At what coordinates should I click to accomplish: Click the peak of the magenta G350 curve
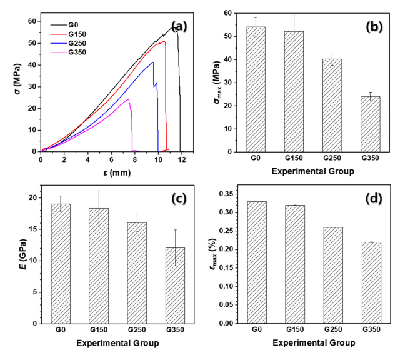pyautogui.click(x=128, y=99)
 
